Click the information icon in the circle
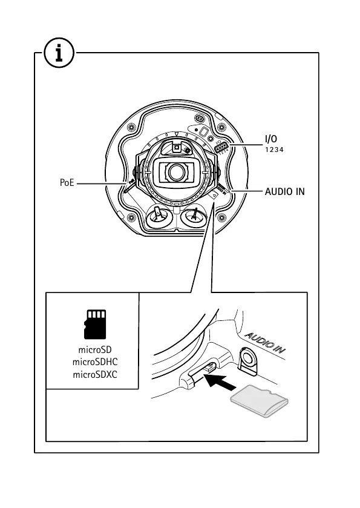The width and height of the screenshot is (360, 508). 59,53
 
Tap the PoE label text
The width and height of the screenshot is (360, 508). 67,183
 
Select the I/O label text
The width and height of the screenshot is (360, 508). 271,139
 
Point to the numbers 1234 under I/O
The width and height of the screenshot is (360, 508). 274,150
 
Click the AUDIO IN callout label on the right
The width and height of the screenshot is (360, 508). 285,192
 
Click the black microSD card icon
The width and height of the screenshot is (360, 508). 95,325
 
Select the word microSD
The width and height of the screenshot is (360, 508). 95,350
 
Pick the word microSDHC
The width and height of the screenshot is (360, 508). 95,362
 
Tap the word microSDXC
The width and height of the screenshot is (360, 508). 95,375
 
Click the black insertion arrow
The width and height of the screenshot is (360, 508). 221,381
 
